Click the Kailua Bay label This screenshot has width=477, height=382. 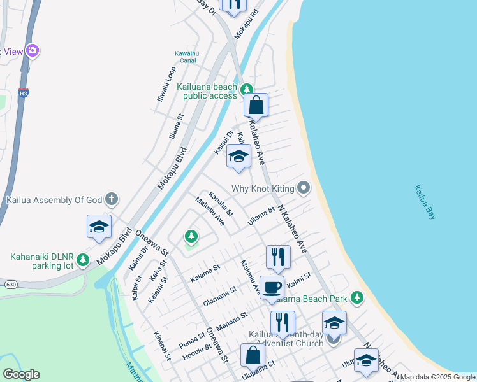[425, 202]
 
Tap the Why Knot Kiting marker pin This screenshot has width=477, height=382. [304, 188]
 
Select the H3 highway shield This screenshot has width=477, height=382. [24, 92]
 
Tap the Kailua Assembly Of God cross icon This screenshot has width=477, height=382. [112, 199]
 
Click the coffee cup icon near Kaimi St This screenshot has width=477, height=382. [272, 287]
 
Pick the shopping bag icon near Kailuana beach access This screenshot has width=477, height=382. [256, 105]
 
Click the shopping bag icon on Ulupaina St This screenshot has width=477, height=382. [253, 355]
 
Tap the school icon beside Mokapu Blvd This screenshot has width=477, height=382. [99, 227]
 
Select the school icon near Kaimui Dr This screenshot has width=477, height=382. [238, 156]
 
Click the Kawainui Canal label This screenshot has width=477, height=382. [188, 57]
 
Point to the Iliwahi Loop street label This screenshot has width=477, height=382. [166, 85]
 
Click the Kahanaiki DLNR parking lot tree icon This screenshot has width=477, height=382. [82, 260]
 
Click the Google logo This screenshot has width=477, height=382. [21, 374]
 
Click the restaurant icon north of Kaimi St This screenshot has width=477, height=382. [278, 257]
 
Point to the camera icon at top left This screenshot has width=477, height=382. [33, 50]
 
